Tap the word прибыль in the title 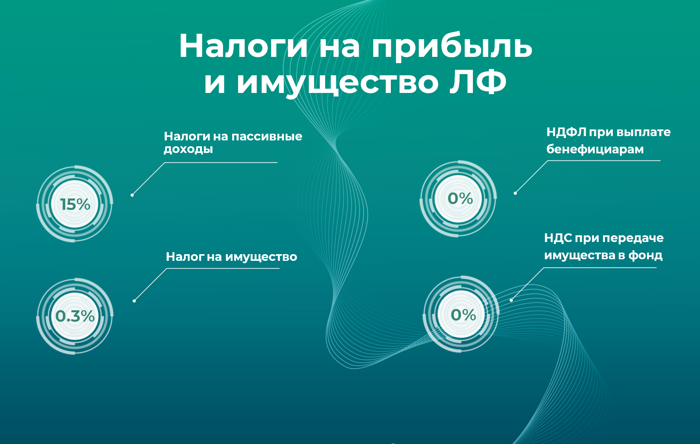(452, 46)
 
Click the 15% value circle (75, 204)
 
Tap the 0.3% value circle (75, 316)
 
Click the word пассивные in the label (267, 136)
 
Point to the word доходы (188, 149)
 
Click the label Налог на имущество (231, 257)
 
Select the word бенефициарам (595, 149)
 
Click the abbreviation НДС (558, 238)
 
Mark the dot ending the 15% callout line (132, 195)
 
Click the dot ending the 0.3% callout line (134, 301)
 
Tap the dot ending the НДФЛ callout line (515, 193)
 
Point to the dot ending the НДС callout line (511, 300)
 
